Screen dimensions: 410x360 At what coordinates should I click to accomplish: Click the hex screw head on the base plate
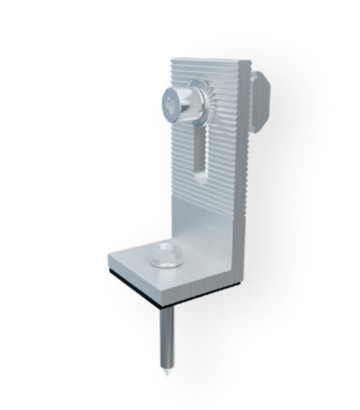pos(163,255)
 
